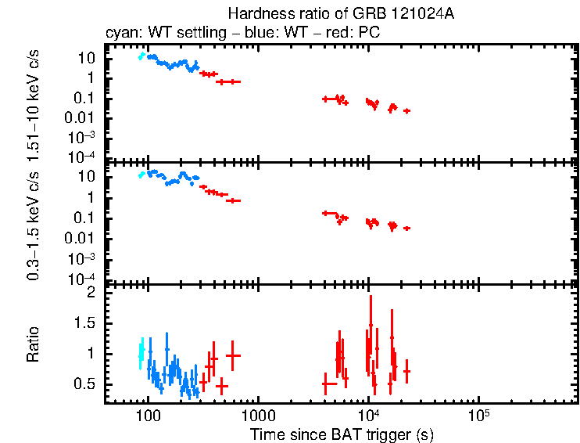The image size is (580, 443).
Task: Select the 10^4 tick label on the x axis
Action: (x=368, y=414)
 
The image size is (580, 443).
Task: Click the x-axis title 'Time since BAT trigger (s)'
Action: (x=342, y=433)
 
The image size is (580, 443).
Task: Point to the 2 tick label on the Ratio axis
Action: (x=91, y=292)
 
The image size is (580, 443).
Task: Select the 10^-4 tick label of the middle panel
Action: (x=81, y=279)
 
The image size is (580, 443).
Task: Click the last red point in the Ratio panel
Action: (x=406, y=371)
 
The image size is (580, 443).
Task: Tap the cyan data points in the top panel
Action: (x=141, y=56)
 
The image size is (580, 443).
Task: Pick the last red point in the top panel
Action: (x=406, y=111)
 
